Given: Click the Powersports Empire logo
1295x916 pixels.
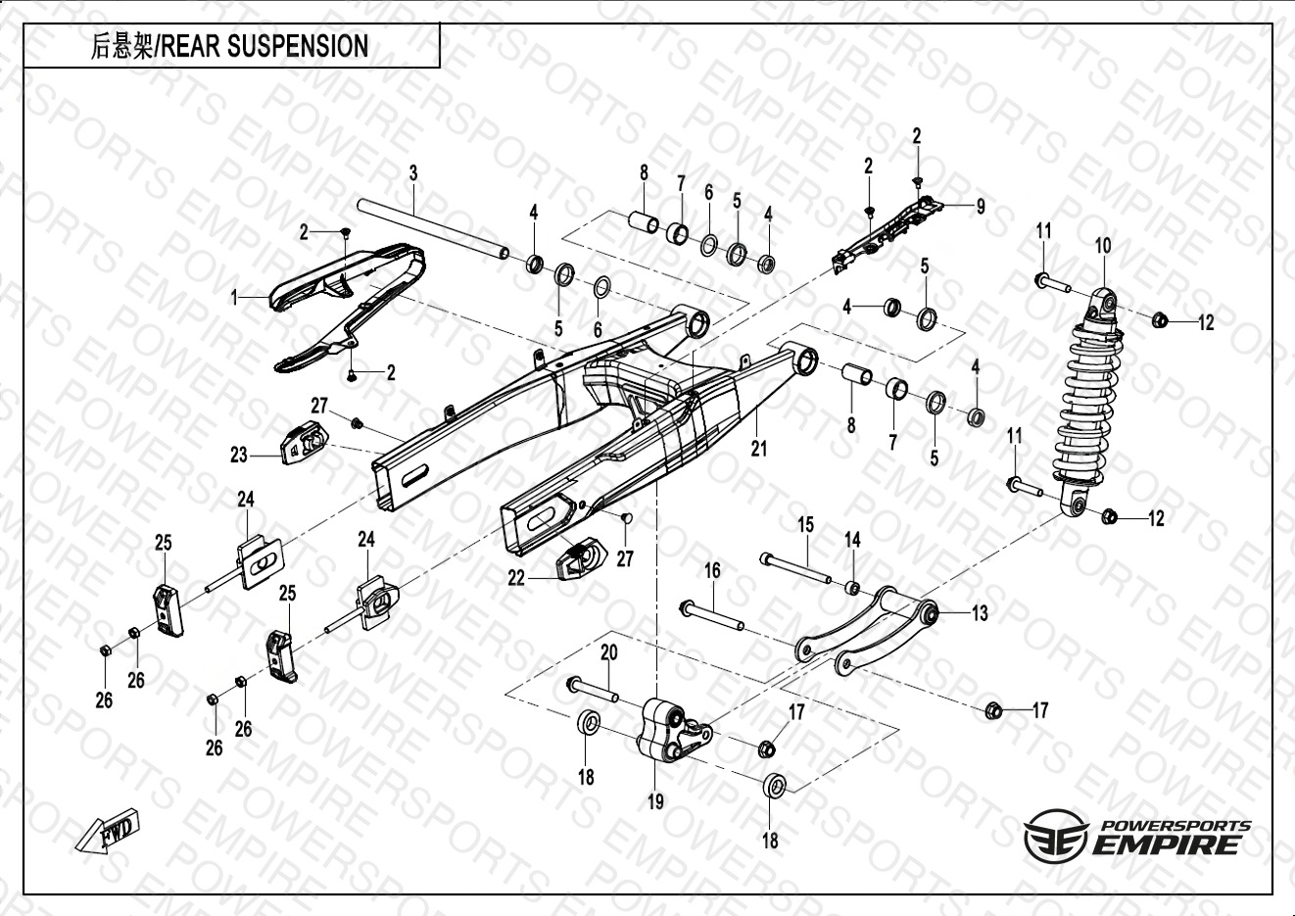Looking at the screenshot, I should click(x=1137, y=839).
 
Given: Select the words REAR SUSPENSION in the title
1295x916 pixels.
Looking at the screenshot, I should click(x=264, y=46).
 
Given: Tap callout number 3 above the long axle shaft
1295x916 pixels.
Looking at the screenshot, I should click(x=413, y=173).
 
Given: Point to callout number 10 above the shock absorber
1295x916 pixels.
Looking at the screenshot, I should click(x=1103, y=245).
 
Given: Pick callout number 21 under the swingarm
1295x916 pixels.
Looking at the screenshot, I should click(x=759, y=448).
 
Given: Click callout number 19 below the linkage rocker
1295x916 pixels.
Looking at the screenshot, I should click(x=655, y=800).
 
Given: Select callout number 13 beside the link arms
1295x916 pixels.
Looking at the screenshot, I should click(x=980, y=613).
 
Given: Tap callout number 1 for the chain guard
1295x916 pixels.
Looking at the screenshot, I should click(x=234, y=296).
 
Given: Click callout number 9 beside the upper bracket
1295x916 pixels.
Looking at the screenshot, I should click(x=980, y=206).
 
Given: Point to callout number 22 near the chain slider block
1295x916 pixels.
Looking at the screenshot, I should click(x=516, y=579).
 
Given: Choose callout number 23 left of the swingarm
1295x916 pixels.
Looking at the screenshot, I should click(x=239, y=455).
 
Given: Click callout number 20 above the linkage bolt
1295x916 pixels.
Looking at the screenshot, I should click(x=608, y=653).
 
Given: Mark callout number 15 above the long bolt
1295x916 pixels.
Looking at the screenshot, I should click(x=805, y=525).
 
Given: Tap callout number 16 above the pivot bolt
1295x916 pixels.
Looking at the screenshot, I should click(x=712, y=570).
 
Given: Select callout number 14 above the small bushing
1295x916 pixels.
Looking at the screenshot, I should click(x=852, y=540).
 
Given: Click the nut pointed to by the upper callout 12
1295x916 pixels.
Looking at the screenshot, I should click(x=1157, y=319).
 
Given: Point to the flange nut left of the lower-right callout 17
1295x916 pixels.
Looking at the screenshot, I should click(x=991, y=709).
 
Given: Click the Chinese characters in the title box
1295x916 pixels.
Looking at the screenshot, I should click(x=121, y=46).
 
